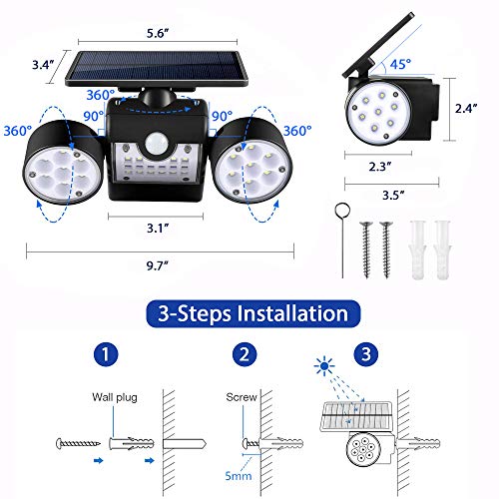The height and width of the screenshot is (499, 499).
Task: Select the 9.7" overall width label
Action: [156, 263]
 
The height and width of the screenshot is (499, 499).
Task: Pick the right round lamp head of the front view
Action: [246, 163]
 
